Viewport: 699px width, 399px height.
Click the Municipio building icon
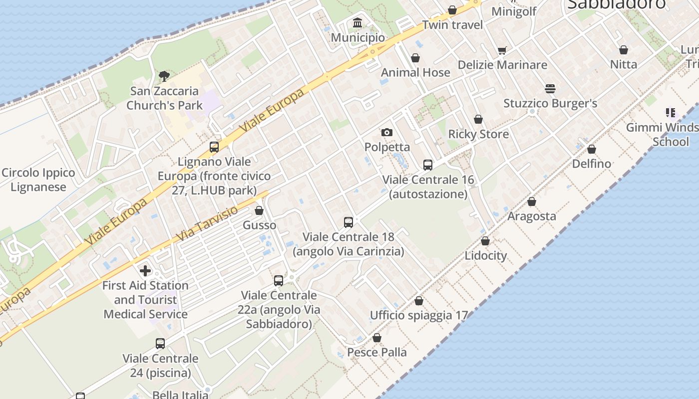tap(357, 23)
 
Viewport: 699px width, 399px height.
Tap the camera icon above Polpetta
tap(386, 132)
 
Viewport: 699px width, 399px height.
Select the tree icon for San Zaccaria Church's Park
tap(164, 76)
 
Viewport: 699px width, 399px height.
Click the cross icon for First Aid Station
tap(145, 271)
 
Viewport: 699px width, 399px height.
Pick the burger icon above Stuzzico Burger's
tap(550, 89)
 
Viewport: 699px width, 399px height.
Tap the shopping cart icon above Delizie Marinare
tap(502, 50)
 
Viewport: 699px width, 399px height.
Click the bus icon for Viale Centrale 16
tap(428, 165)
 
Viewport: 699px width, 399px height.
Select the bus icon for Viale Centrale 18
tap(349, 222)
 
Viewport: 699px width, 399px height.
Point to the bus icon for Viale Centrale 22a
tap(279, 281)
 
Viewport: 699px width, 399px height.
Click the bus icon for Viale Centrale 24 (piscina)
tap(160, 343)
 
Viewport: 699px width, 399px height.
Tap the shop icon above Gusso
tap(259, 210)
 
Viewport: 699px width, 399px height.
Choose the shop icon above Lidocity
tap(485, 241)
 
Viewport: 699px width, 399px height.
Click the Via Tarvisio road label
tap(207, 223)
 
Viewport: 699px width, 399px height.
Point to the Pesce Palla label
tap(377, 352)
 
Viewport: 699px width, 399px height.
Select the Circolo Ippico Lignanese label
tap(38, 180)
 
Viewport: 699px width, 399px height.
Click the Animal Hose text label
tap(415, 72)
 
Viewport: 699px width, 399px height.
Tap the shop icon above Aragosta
tap(532, 201)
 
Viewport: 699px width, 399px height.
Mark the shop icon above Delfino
tap(592, 149)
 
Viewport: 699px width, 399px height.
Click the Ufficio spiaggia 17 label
tap(419, 315)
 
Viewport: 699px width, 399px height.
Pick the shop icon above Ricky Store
tap(478, 119)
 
